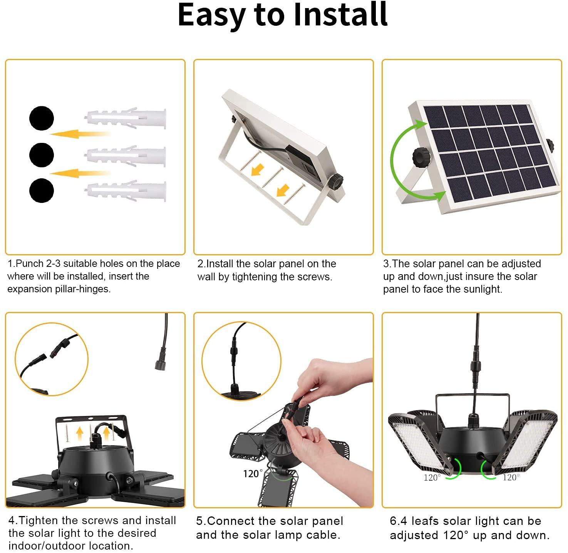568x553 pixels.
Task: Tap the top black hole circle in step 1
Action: point(42,118)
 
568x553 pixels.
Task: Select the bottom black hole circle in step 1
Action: point(42,190)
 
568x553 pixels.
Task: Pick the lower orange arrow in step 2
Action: point(283,190)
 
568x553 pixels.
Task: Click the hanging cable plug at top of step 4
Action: point(161,363)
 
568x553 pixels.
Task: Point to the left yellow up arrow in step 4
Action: point(80,433)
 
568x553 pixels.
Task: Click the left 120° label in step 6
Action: point(432,478)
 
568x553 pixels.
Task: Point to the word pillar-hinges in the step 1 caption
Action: point(83,289)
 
